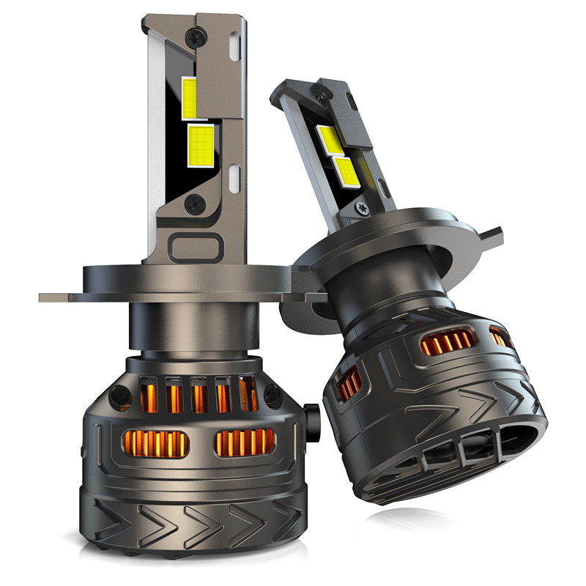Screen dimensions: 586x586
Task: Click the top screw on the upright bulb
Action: [196, 34]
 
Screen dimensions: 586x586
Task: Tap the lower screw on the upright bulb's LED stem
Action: [195, 205]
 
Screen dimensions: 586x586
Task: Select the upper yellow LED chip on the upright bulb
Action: [188, 97]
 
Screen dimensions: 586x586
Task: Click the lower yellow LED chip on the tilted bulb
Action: [345, 170]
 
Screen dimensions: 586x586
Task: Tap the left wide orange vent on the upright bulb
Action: [153, 442]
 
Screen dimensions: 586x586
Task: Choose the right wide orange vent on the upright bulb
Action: [245, 442]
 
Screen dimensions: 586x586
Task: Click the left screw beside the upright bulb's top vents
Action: [116, 396]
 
